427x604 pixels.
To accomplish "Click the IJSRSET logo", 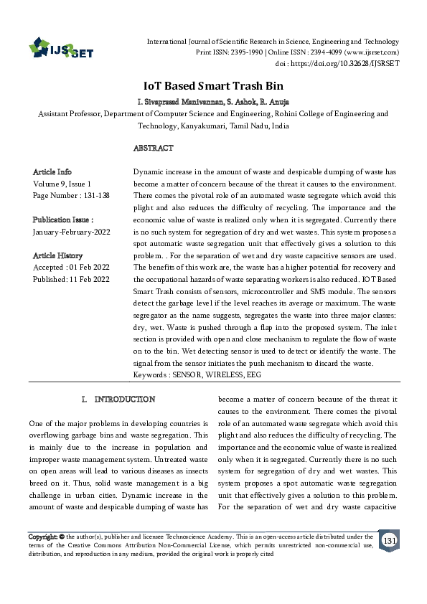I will coord(60,48).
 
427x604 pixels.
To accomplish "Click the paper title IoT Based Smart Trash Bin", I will coord(212,84).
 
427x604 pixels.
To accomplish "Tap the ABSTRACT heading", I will coord(154,148).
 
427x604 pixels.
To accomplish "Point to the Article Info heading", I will coord(52,172).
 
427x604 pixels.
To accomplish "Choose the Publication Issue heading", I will coord(63,220).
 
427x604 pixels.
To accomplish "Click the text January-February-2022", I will coord(71,232).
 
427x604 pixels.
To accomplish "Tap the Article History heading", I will coord(57,255).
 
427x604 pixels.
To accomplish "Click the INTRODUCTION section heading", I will coord(125,398).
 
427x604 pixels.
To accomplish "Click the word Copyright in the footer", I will coord(42,536).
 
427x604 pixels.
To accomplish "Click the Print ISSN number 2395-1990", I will coord(245,52).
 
